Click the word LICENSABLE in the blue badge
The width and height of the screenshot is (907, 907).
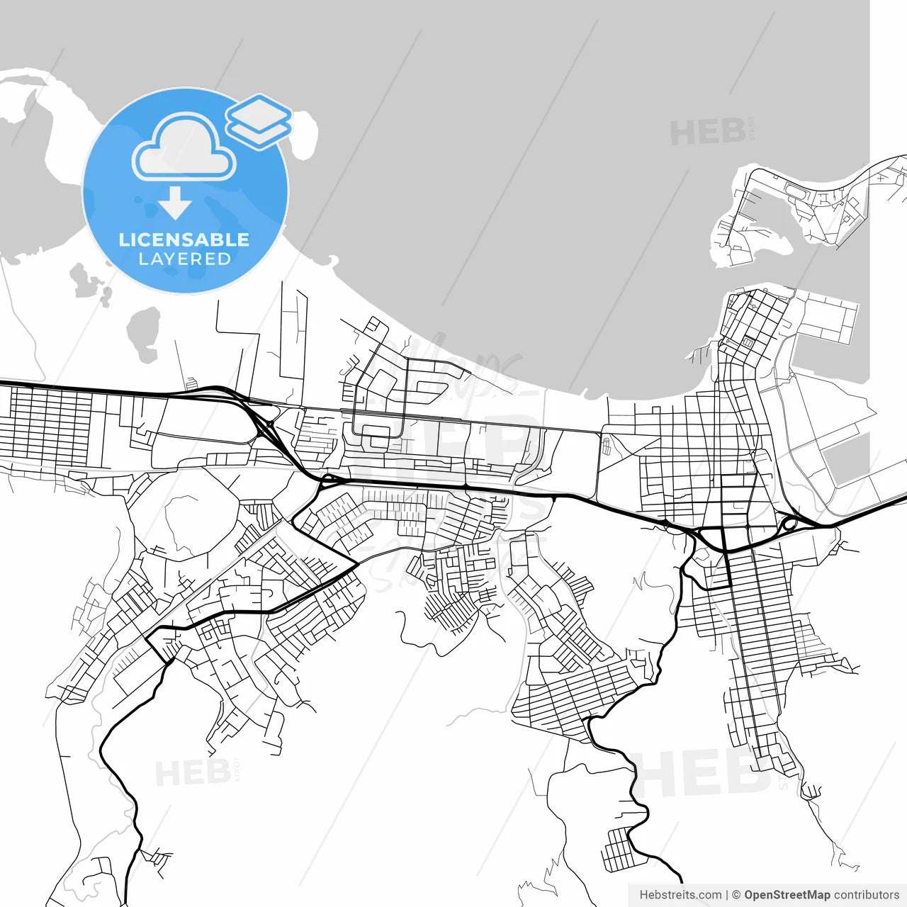pos(184,240)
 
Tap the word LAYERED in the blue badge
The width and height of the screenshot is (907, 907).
pos(184,259)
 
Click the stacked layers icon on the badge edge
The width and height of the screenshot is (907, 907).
pos(259,120)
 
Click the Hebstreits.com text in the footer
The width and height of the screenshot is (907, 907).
pos(680,895)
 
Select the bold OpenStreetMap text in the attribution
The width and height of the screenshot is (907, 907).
pos(787,895)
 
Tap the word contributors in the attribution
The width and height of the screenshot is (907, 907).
pos(867,895)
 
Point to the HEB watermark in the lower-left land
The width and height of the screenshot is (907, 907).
pos(192,773)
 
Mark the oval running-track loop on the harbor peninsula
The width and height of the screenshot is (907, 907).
pos(796,191)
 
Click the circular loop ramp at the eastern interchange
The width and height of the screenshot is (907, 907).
pos(788,525)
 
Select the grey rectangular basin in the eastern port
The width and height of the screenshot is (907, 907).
pos(848,458)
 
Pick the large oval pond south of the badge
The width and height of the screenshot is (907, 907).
pos(144,334)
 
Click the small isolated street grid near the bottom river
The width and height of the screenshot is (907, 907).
pos(619,849)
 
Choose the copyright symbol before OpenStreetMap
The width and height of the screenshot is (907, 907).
pos(736,895)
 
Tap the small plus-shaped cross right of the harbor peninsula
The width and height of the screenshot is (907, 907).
pos(880,179)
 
